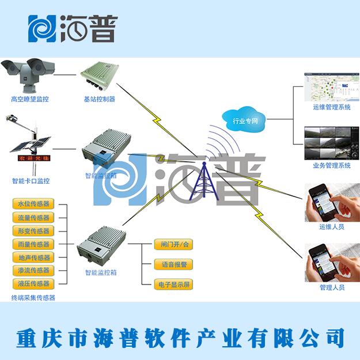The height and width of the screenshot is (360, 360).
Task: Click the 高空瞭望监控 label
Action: (x=30, y=99)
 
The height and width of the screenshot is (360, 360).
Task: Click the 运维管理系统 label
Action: (x=332, y=107)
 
